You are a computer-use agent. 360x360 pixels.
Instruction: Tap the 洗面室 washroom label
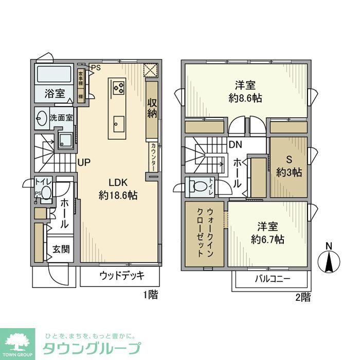61,117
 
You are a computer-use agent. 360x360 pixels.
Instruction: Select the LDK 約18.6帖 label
118,189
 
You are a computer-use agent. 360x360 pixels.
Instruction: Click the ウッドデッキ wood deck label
122,275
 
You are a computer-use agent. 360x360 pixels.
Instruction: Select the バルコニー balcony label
273,279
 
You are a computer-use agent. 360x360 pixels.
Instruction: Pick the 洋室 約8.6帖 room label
245,91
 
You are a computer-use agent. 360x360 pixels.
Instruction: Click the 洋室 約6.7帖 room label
267,232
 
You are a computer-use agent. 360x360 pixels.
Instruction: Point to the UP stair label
84,162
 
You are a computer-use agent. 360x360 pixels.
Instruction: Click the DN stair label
236,145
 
